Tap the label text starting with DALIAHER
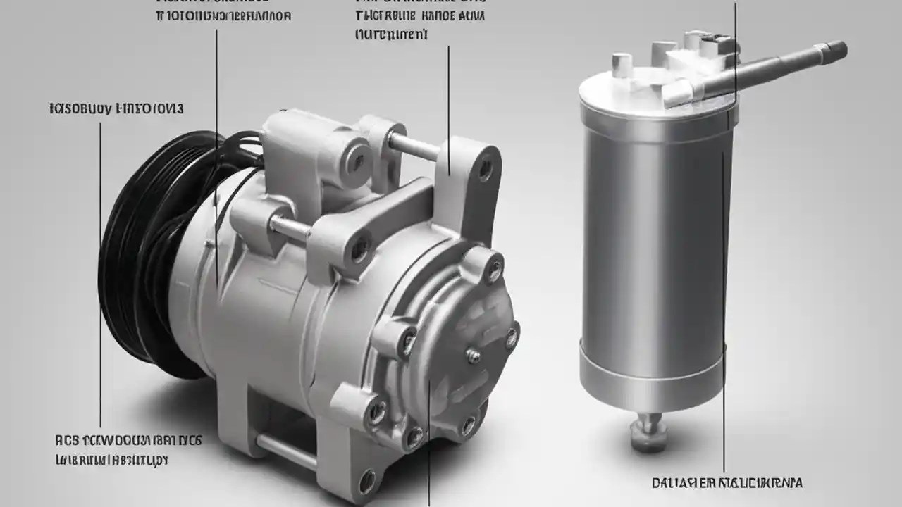point(727,483)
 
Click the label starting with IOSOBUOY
point(116,109)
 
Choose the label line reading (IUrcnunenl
point(391,34)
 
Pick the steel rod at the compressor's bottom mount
point(285,451)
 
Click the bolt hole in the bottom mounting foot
point(366,482)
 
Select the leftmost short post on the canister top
point(619,65)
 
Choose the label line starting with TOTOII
point(223,15)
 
